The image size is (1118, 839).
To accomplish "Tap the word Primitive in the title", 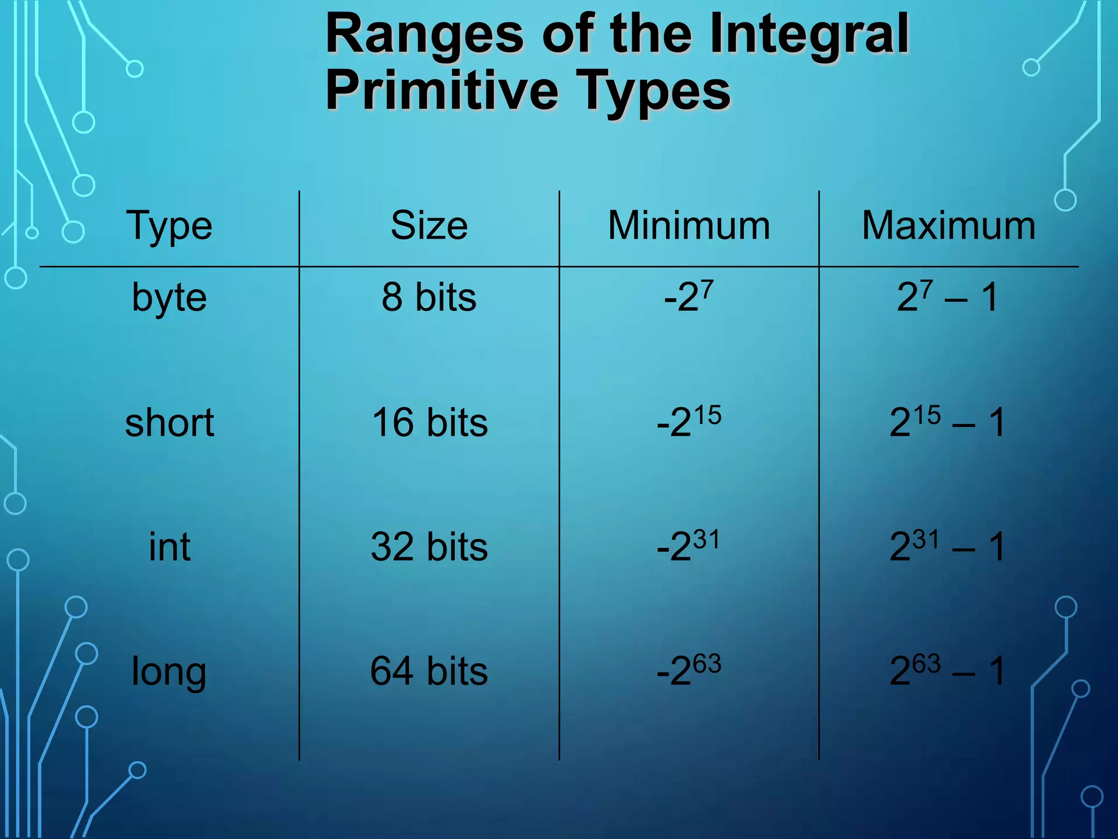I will [443, 91].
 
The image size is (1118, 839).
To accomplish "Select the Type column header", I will [169, 226].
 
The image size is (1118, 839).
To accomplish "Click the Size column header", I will [429, 226].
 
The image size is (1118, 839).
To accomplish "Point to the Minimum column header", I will [689, 226].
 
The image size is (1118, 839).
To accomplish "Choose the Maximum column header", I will [949, 226].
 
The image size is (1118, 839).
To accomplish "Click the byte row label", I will [169, 298].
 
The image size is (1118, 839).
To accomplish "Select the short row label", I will [169, 423].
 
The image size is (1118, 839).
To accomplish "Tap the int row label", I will [169, 547].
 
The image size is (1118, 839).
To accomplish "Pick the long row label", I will [169, 672].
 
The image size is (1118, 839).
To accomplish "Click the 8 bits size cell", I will [429, 298].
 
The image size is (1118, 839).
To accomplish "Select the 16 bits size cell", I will [429, 423].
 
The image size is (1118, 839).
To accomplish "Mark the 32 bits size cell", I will [429, 547].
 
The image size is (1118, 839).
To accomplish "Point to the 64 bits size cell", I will [429, 671].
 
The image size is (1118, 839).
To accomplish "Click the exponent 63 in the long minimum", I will [707, 663].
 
